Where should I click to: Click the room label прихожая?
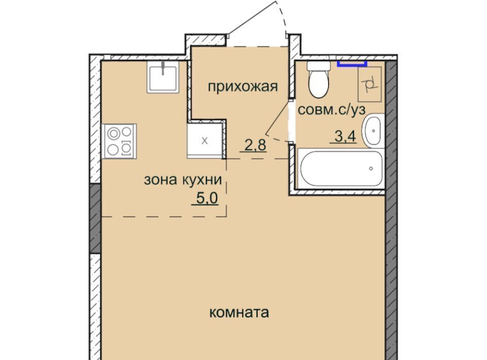242,87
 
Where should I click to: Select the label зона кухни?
183,179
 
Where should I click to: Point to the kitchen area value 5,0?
207,198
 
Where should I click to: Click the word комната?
239,312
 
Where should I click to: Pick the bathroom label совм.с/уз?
332,110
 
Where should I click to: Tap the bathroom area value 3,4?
345,136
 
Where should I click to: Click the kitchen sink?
163,77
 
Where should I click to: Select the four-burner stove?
119,141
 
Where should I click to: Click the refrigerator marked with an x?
205,140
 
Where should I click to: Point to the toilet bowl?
319,82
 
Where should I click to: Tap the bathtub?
341,168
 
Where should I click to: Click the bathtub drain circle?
371,168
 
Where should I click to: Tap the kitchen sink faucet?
163,68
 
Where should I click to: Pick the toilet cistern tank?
319,65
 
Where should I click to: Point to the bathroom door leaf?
277,115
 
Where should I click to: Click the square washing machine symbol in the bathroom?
370,84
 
